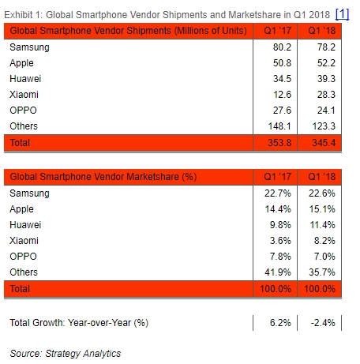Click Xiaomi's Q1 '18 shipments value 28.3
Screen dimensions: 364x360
[x=325, y=95]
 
